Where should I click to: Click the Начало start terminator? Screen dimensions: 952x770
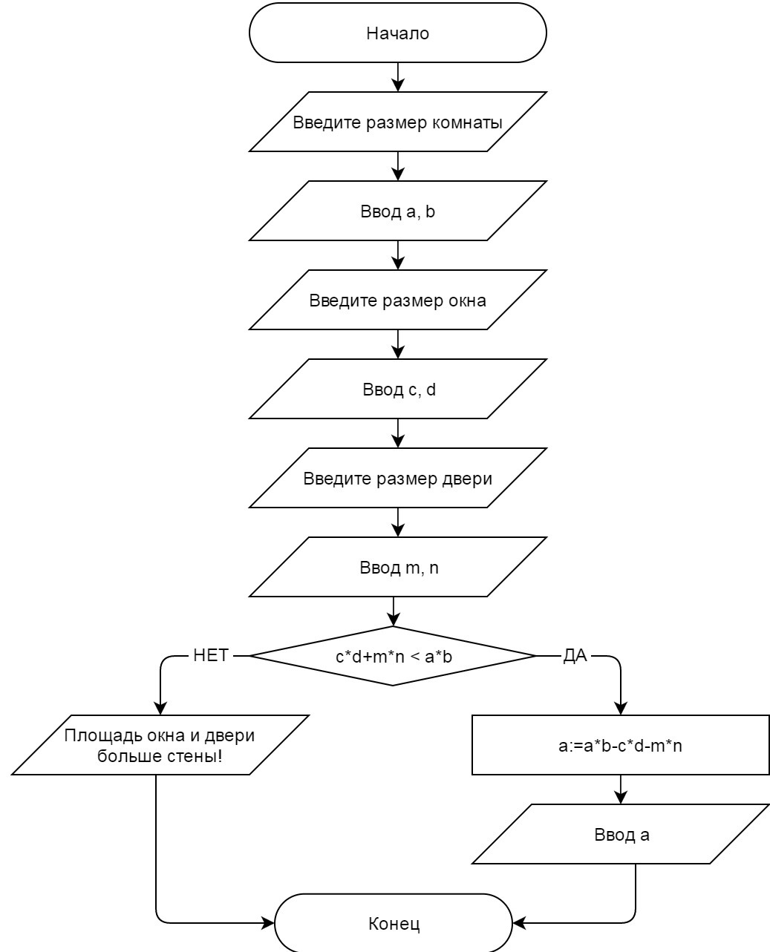pyautogui.click(x=397, y=33)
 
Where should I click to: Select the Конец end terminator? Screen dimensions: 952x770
pyautogui.click(x=394, y=924)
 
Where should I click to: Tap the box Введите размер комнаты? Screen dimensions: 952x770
pyautogui.click(x=397, y=122)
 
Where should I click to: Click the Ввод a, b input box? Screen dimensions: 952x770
pyautogui.click(x=397, y=211)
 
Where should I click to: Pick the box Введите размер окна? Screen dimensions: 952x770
pyautogui.click(x=397, y=301)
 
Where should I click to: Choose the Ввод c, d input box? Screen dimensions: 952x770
pyautogui.click(x=397, y=390)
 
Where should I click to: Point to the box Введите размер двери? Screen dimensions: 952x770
pyautogui.click(x=397, y=479)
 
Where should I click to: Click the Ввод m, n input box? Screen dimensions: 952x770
pyautogui.click(x=397, y=568)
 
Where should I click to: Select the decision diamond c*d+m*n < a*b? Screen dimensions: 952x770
pyautogui.click(x=393, y=657)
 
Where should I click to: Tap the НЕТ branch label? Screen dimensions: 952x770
pyautogui.click(x=211, y=656)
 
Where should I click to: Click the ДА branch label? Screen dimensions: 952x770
pyautogui.click(x=575, y=656)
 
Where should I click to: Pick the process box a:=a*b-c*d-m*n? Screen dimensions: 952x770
pyautogui.click(x=620, y=746)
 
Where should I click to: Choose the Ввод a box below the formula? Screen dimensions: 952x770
pyautogui.click(x=620, y=835)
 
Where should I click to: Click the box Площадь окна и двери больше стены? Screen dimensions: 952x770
pyautogui.click(x=160, y=746)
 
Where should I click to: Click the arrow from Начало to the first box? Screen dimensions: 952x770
pyautogui.click(x=398, y=77)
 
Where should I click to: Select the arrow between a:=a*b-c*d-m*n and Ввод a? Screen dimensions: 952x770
pyautogui.click(x=621, y=789)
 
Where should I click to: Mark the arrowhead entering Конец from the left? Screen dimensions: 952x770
pyautogui.click(x=269, y=924)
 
